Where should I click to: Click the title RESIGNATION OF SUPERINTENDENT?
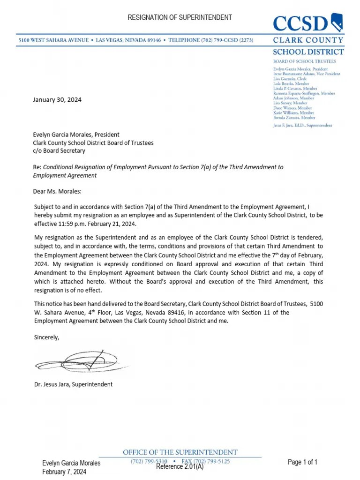[x=180, y=17]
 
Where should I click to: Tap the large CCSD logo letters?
[x=300, y=23]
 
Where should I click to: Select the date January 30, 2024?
[x=57, y=100]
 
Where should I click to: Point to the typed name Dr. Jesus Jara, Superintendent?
[x=74, y=384]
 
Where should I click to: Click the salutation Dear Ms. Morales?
[x=58, y=191]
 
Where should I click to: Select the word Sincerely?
[x=47, y=337]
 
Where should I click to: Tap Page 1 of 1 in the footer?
[x=302, y=462]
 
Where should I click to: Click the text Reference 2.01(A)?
[x=180, y=467]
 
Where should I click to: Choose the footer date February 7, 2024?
[x=64, y=472]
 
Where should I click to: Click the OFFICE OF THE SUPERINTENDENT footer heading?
[x=180, y=452]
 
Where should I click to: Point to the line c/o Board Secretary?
[x=59, y=151]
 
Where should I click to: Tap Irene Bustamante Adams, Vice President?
[x=307, y=74]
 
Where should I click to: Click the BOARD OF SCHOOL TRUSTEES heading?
[x=305, y=61]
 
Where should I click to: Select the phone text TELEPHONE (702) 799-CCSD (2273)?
[x=211, y=41]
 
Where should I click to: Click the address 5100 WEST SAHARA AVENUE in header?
[x=52, y=41]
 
